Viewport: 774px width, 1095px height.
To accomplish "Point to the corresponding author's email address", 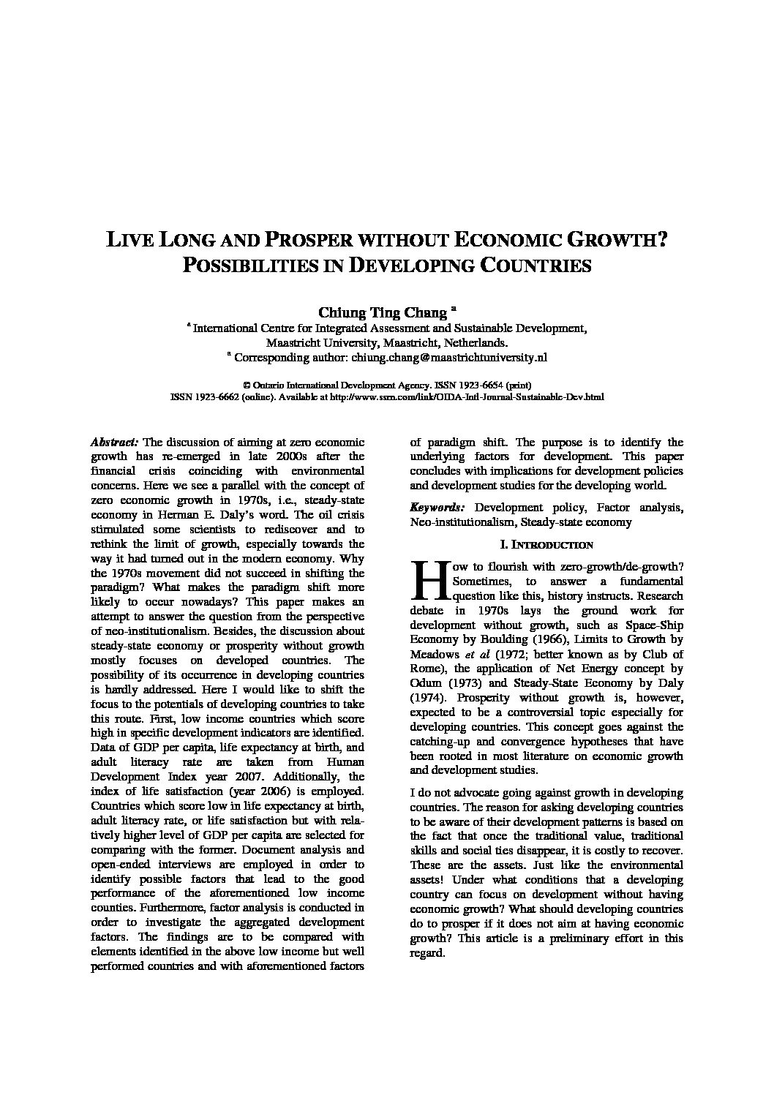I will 449,358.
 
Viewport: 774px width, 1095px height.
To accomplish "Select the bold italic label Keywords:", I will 436,507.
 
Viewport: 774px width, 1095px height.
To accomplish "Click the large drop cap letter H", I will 426,582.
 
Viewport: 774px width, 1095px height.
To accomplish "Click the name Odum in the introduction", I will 425,683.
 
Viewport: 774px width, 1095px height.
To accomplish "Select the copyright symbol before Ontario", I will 246,385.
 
